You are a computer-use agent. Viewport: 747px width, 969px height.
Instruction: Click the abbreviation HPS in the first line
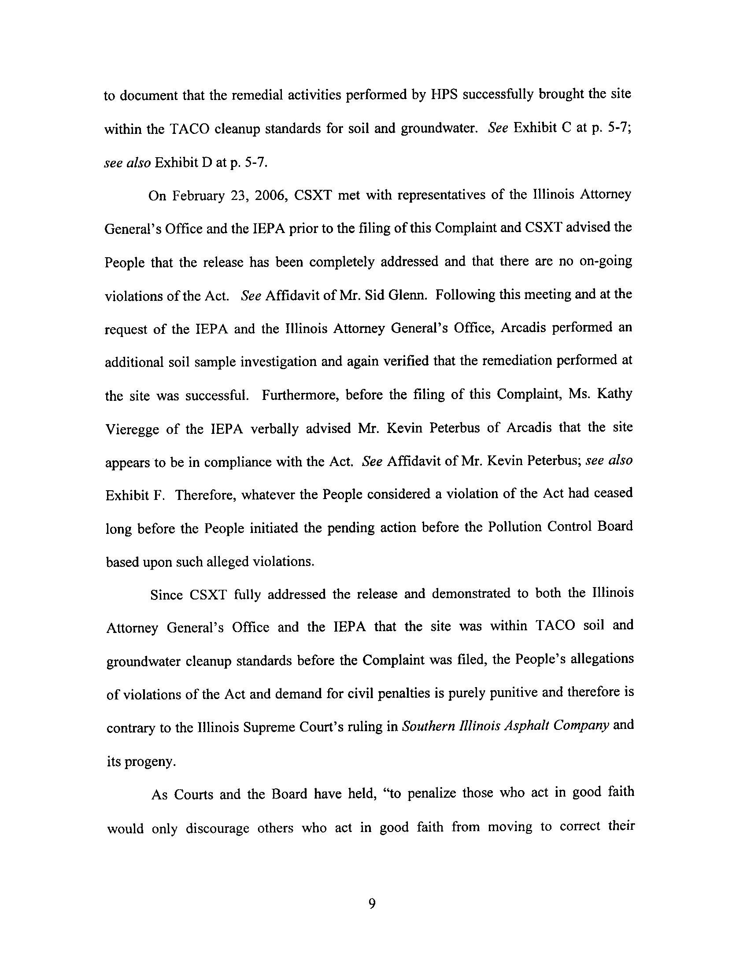pyautogui.click(x=444, y=96)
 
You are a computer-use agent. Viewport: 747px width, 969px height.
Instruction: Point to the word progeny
pyautogui.click(x=150, y=762)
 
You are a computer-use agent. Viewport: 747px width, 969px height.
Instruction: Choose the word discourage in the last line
pyautogui.click(x=217, y=828)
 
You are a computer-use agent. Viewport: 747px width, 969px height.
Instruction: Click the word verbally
pyautogui.click(x=274, y=428)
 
